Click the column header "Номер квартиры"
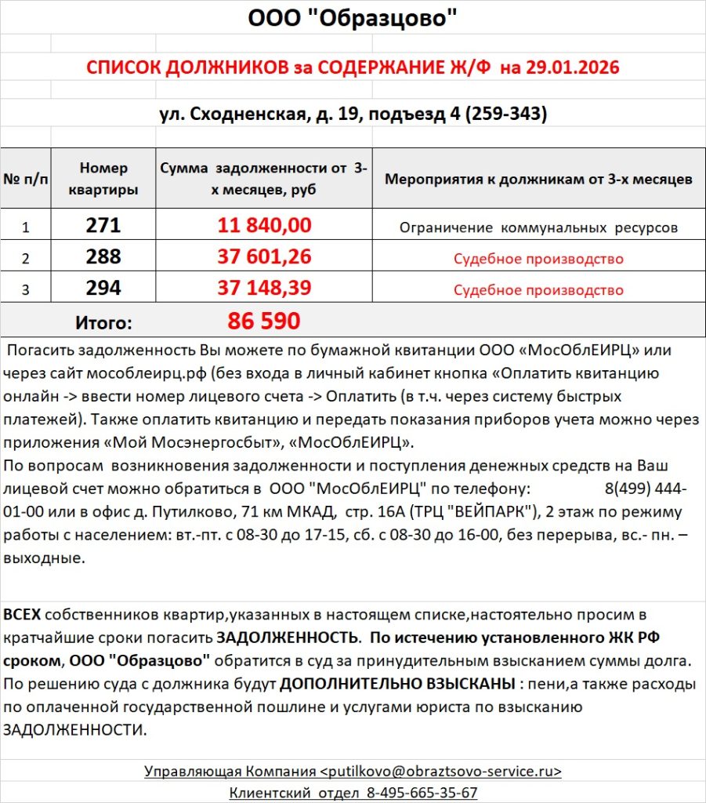click(103, 179)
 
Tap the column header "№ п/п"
click(25, 179)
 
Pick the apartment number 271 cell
click(103, 226)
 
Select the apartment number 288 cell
click(103, 257)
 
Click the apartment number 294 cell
click(103, 289)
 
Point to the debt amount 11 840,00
click(264, 226)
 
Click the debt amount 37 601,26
click(264, 257)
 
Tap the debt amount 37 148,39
click(264, 289)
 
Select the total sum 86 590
click(264, 321)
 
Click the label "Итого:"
click(103, 322)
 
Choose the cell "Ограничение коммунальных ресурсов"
click(538, 227)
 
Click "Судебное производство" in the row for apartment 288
click(538, 259)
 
